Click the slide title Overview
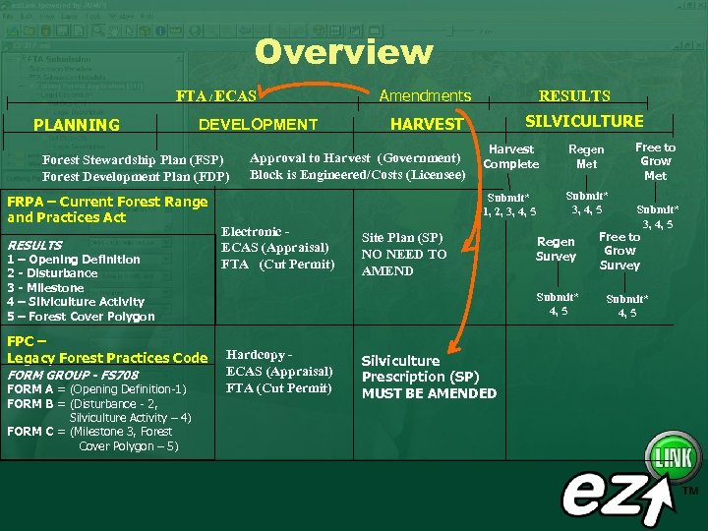pos(344,52)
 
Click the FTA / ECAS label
pos(215,96)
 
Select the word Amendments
pos(425,95)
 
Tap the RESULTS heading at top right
pos(574,96)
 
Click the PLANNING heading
pos(76,125)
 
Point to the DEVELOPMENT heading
pos(258,125)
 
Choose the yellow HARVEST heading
pos(426,125)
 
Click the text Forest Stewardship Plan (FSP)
pos(134,159)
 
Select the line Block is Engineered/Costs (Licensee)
pos(358,174)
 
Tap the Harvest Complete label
pos(511,156)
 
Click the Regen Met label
pos(586,156)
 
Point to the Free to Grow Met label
pos(655,161)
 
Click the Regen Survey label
pos(556,249)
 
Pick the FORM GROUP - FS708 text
pos(73,376)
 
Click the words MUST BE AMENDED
pos(429,393)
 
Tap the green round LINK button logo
pos(672,457)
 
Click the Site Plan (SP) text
pos(402,237)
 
